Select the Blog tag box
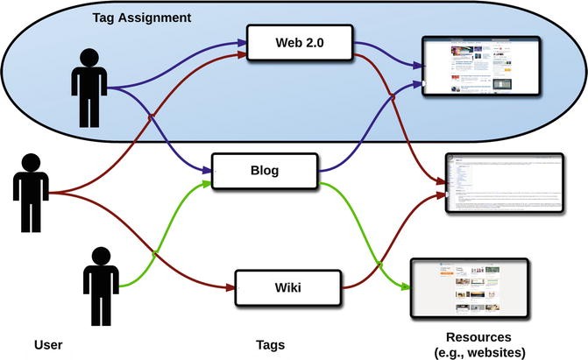tap(265, 171)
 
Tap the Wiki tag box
tap(287, 286)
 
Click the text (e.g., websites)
tap(479, 352)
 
